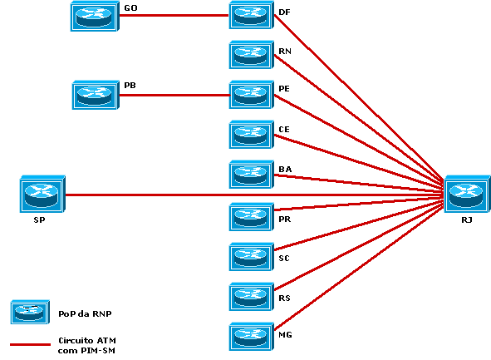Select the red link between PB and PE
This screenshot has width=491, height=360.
[174, 95]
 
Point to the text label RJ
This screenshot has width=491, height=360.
[466, 221]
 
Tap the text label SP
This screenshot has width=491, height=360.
[39, 222]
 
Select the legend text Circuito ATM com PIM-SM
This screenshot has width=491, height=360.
[86, 345]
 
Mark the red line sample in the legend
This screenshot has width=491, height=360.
[30, 344]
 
